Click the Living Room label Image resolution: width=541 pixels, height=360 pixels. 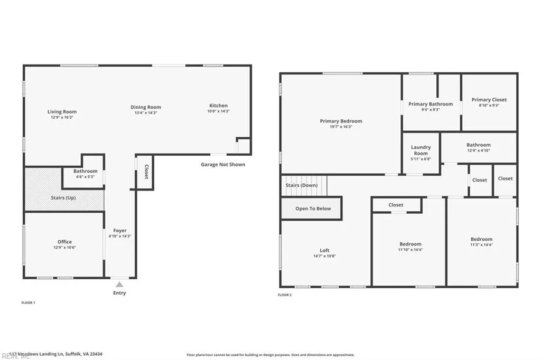click(x=62, y=112)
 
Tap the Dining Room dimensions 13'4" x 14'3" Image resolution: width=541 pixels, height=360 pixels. click(x=146, y=112)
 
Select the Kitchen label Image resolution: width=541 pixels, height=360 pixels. click(x=218, y=106)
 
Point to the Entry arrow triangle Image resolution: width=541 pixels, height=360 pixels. click(x=119, y=285)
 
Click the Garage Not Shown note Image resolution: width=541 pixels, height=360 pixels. click(x=222, y=164)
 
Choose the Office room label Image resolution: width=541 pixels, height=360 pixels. click(x=64, y=242)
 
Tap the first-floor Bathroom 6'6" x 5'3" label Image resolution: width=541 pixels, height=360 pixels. click(x=85, y=171)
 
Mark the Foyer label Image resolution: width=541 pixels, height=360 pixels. click(x=120, y=231)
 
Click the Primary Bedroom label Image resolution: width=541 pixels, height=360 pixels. click(x=341, y=121)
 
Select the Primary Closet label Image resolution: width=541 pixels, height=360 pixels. click(x=489, y=100)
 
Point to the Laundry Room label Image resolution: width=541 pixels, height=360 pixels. click(x=421, y=150)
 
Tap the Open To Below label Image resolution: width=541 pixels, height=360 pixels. click(x=313, y=209)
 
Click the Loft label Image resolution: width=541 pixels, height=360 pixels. click(x=324, y=251)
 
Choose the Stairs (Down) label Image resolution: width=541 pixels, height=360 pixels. click(x=302, y=185)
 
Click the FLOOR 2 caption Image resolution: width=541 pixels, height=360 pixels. click(x=285, y=295)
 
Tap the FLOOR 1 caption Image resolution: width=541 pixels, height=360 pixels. click(x=27, y=302)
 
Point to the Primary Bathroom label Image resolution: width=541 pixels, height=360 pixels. click(x=431, y=104)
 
